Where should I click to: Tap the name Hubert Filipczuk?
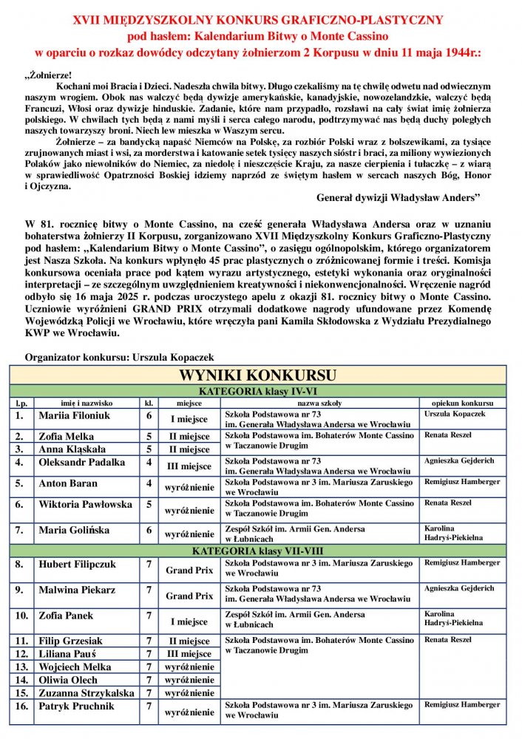pos(77,565)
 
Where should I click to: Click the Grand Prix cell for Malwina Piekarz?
pos(189,596)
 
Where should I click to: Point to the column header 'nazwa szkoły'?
pos(319,403)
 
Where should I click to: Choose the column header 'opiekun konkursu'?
pos(463,403)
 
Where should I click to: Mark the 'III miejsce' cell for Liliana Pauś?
pos(189,654)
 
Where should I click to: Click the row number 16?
pos(21,706)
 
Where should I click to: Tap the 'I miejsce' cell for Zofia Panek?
pos(189,621)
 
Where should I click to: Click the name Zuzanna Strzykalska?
pos(86,693)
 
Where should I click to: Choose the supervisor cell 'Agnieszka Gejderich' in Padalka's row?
pos(459,461)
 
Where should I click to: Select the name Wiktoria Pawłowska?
pos(85,505)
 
